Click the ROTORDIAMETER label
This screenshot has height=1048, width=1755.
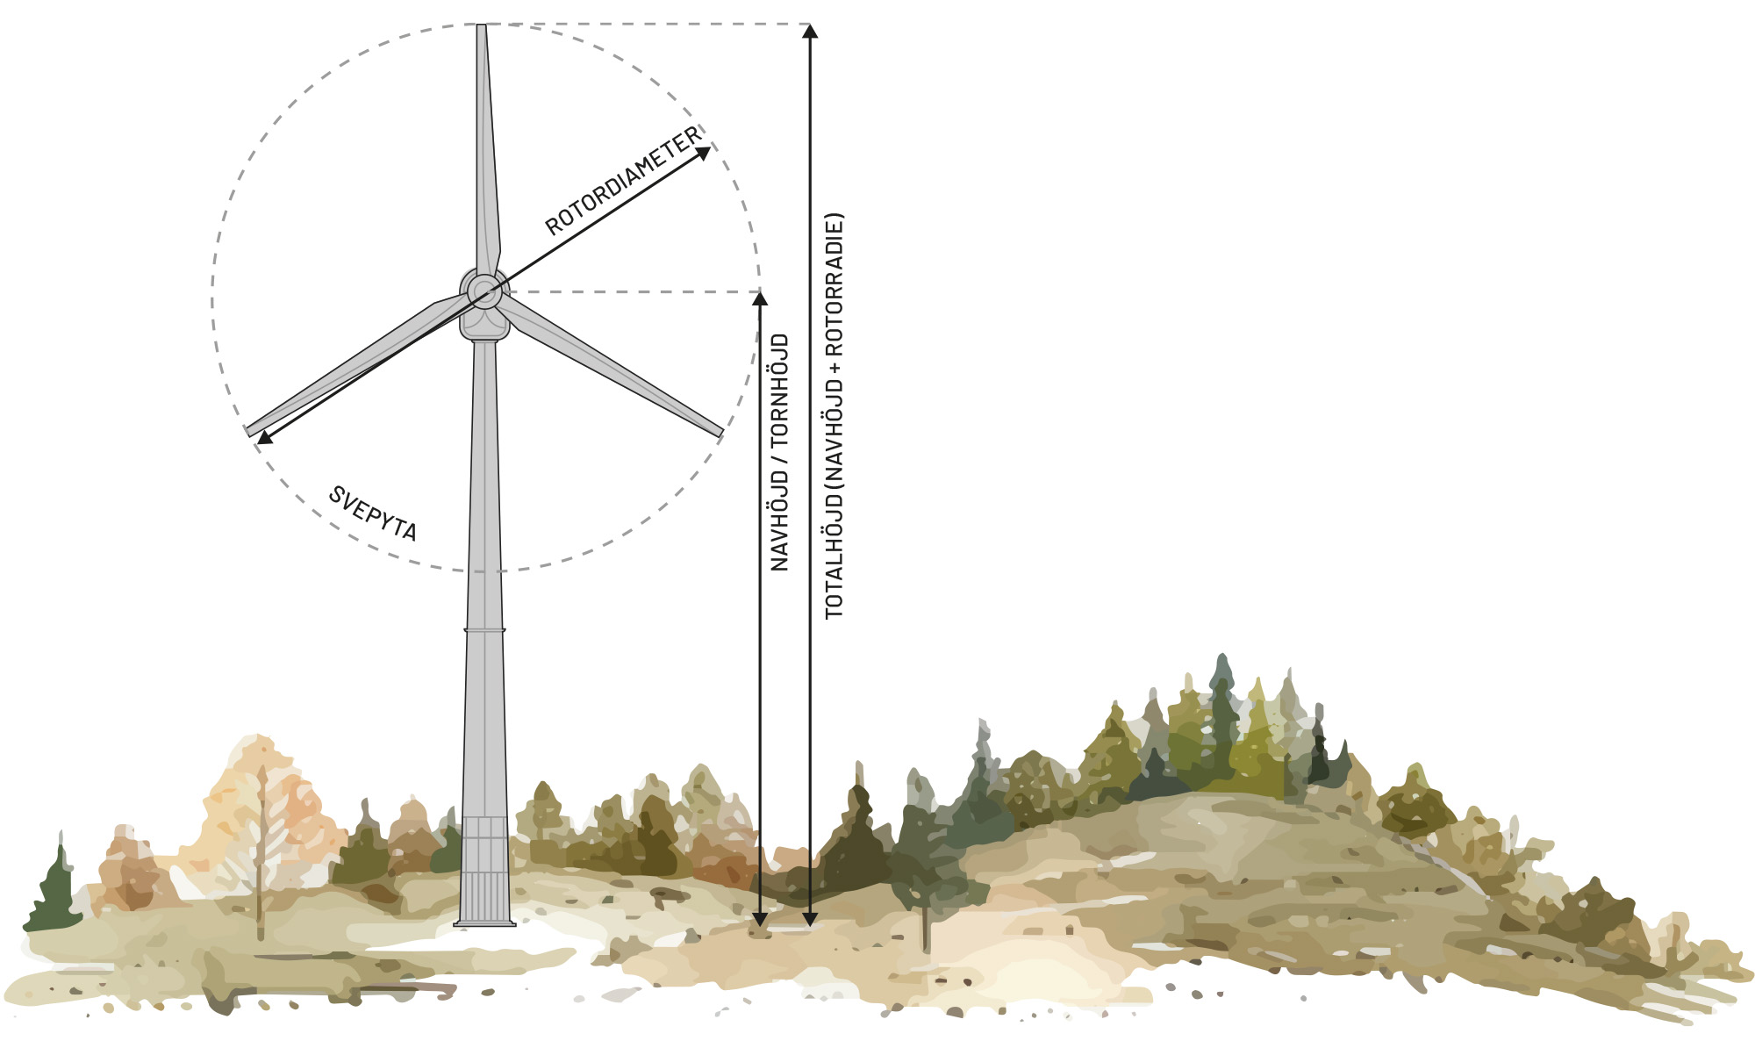tap(623, 181)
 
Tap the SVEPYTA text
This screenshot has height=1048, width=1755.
tap(373, 513)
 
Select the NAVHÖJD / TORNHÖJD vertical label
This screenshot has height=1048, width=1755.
tap(779, 452)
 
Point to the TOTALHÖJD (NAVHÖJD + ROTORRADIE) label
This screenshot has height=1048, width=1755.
tap(834, 415)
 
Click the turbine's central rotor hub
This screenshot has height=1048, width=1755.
tap(484, 291)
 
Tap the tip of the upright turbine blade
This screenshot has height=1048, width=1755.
tap(481, 25)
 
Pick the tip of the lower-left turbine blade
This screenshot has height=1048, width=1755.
tap(249, 432)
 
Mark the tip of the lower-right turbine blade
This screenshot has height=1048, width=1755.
tap(721, 433)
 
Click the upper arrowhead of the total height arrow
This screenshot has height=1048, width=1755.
tap(810, 32)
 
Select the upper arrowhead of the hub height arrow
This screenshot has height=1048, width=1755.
tap(760, 298)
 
